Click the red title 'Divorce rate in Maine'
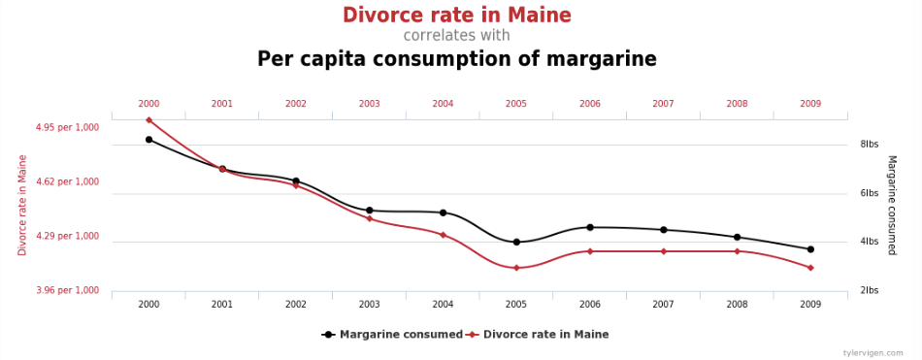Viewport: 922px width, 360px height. point(457,15)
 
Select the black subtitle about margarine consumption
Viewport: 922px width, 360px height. point(457,59)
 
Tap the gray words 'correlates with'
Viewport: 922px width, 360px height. point(456,35)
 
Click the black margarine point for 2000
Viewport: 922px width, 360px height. point(148,140)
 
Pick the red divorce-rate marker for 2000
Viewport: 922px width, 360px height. point(148,120)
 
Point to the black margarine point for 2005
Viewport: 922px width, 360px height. point(516,242)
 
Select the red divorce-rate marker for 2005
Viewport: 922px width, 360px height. point(516,268)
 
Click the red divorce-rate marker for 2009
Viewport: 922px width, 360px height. point(810,268)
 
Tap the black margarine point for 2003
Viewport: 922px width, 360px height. point(369,210)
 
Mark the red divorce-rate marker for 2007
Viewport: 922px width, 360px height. point(663,251)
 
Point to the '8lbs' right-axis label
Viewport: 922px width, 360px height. point(869,145)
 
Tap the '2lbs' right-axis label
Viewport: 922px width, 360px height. point(869,290)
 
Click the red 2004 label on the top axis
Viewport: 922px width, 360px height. point(443,104)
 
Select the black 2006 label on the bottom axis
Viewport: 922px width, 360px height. point(590,305)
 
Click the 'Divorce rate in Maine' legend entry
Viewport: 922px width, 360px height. point(537,335)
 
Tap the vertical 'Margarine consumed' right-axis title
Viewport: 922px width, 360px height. point(891,206)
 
